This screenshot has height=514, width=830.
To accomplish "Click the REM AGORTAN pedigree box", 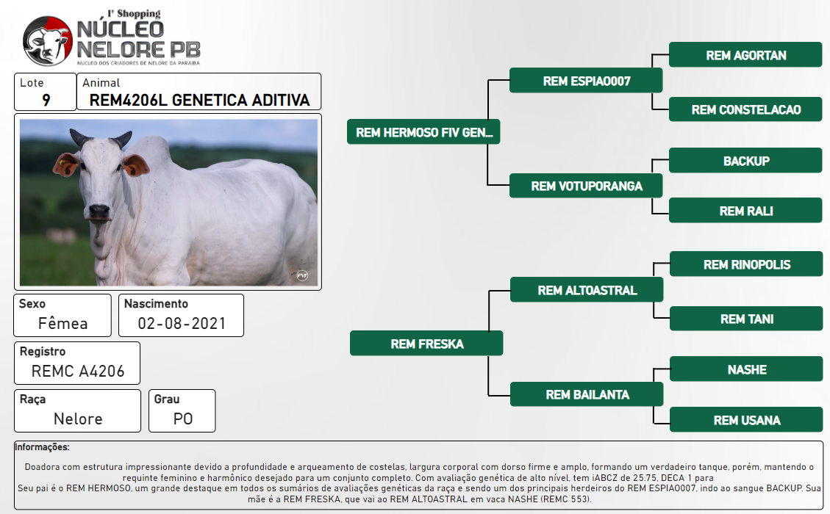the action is click(x=745, y=55).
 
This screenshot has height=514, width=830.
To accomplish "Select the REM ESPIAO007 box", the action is click(x=586, y=81).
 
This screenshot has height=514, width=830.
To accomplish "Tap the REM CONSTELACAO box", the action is click(x=745, y=109).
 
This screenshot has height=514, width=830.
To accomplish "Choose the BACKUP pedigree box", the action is click(x=745, y=161).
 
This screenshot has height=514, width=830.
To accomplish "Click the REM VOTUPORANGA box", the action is click(x=586, y=186).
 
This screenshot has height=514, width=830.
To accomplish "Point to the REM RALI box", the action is click(x=745, y=211).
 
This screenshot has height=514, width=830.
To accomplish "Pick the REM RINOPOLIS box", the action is click(x=746, y=264).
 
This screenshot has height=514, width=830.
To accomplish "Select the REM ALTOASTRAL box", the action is click(x=587, y=290).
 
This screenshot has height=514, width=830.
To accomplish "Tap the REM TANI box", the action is click(x=746, y=319).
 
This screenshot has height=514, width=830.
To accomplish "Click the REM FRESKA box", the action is click(x=426, y=344).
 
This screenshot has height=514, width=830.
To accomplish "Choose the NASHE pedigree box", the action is click(x=746, y=369).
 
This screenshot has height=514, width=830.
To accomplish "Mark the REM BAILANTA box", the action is click(x=587, y=394).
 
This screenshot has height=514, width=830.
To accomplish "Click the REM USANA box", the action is click(x=746, y=420).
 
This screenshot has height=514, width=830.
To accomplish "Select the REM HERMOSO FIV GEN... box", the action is click(x=423, y=131).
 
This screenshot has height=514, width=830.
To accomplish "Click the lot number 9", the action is click(x=46, y=100).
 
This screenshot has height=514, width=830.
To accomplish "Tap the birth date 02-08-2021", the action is click(x=182, y=323).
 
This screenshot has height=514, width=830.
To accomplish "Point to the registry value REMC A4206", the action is click(x=78, y=372).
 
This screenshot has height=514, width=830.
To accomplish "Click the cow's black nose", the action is click(x=99, y=211).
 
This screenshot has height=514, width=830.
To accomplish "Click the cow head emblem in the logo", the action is click(x=47, y=40).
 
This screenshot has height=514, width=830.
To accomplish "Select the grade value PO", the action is click(x=182, y=419).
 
